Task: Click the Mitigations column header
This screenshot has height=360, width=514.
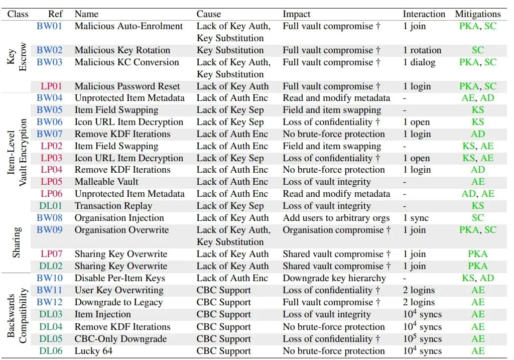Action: coord(477,14)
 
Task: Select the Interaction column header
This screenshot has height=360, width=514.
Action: coord(424,14)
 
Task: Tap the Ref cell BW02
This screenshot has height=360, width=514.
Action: coord(50,50)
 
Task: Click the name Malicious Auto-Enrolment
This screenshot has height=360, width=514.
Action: coord(128,26)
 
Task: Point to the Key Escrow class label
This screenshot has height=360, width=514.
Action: coord(17,57)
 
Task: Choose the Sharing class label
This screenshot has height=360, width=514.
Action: coord(17,242)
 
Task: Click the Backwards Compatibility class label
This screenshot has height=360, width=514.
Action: coord(17,315)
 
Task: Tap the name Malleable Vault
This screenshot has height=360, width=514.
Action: coord(106,182)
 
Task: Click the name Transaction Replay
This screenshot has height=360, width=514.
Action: coord(113,206)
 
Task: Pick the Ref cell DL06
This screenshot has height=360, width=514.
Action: coord(51,351)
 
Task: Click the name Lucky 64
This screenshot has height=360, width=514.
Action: coord(93,351)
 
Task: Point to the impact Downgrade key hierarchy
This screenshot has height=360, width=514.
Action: coord(334,278)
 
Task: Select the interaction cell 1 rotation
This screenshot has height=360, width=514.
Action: coord(422,50)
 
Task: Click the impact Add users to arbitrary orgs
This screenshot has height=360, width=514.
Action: coord(336,218)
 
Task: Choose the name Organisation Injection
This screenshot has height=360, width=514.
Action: coord(119,218)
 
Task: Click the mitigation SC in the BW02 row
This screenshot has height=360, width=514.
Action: coord(478,50)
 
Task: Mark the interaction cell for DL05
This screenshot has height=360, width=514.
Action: coord(422,338)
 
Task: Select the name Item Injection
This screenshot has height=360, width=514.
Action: coord(102,314)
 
